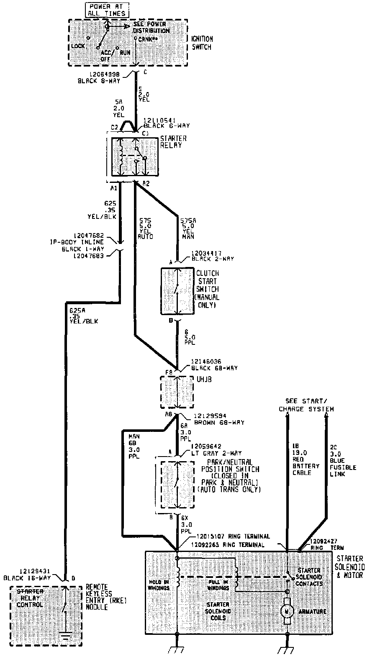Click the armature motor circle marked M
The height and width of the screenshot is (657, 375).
287,611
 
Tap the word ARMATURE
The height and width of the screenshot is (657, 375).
312,611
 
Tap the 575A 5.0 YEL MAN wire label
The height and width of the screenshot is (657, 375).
187,228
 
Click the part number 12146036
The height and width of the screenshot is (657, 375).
206,362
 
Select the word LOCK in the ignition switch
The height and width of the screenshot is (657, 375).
78,46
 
